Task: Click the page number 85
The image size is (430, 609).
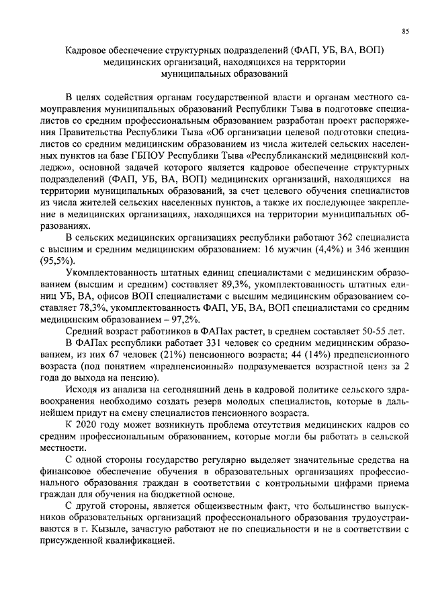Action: (x=405, y=32)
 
